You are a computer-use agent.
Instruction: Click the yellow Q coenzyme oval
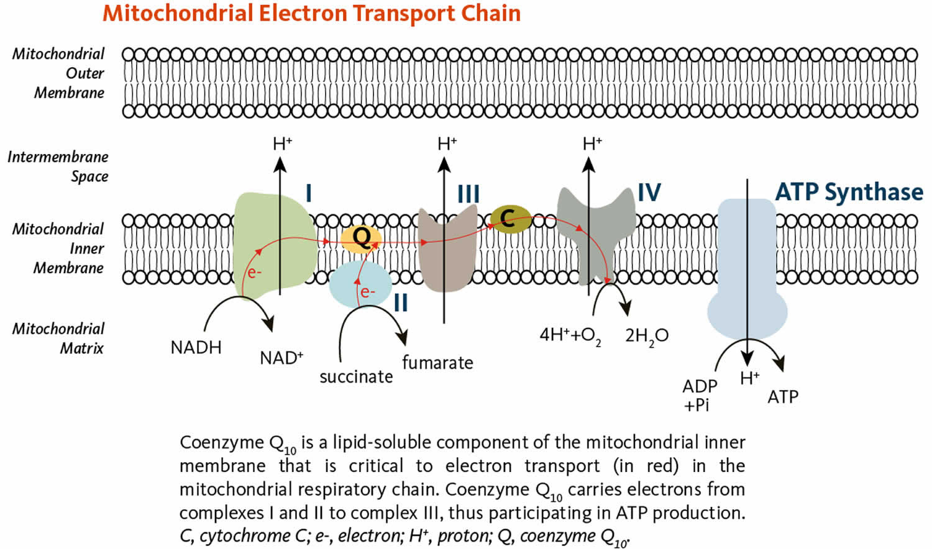click(361, 238)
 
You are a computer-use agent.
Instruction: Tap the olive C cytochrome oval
click(510, 218)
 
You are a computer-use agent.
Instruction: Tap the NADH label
click(196, 347)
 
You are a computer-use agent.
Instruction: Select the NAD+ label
click(281, 358)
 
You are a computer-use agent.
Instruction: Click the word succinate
click(356, 377)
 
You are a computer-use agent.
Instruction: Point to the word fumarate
click(437, 363)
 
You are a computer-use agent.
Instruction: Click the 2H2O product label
click(646, 336)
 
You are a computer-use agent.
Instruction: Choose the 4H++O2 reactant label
click(570, 336)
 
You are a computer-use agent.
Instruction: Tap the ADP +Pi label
click(700, 396)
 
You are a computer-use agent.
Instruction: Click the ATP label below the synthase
click(782, 397)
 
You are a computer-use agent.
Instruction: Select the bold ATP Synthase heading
click(849, 192)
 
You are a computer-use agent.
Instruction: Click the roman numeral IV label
click(649, 193)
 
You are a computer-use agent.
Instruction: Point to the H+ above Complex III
click(447, 144)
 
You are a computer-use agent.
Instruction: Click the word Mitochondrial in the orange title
click(177, 14)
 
